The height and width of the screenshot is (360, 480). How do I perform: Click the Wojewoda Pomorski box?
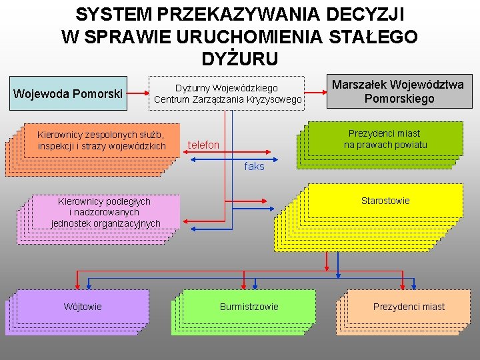click(69, 93)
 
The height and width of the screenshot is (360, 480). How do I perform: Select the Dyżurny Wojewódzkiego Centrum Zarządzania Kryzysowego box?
click(227, 94)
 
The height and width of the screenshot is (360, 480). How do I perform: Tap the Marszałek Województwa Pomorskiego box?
click(399, 91)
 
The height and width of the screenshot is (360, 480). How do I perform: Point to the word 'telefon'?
click(203, 145)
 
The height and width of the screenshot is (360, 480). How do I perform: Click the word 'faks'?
click(254, 167)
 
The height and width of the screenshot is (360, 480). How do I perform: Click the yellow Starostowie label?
click(385, 201)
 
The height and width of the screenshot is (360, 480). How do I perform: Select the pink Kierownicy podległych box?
click(105, 211)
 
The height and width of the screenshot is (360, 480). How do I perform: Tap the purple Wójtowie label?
click(83, 307)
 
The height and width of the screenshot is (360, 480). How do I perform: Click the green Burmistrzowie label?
click(249, 307)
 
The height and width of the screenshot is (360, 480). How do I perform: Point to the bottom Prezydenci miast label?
click(409, 307)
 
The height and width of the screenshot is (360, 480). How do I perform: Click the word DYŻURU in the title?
click(240, 59)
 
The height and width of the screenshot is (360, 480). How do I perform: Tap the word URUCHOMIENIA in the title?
click(243, 37)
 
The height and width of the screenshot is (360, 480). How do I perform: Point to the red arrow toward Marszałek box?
click(314, 93)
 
